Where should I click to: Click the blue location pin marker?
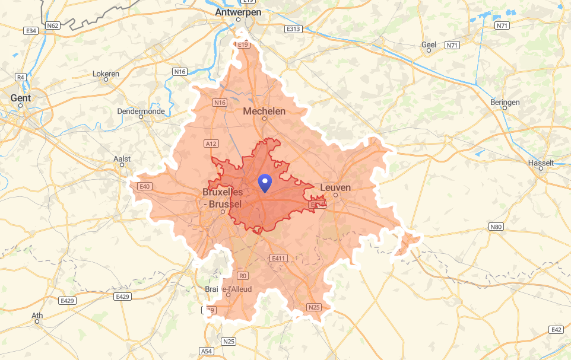(265, 183)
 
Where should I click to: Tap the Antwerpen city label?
(238, 11)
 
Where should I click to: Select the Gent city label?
(20, 97)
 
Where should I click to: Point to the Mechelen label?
(265, 111)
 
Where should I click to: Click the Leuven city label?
(335, 187)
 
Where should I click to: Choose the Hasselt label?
(541, 163)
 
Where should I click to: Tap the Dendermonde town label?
(141, 111)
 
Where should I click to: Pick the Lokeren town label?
(106, 74)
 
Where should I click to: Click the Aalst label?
(122, 159)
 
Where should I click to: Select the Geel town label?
(429, 44)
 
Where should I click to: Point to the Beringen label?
(505, 102)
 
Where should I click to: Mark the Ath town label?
(37, 315)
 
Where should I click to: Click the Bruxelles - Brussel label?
(222, 198)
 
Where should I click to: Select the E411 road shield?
(278, 258)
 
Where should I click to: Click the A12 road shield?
(210, 144)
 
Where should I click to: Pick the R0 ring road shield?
(242, 276)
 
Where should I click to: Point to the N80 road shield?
(496, 227)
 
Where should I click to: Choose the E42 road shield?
(556, 330)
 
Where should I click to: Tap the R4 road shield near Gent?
(21, 77)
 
